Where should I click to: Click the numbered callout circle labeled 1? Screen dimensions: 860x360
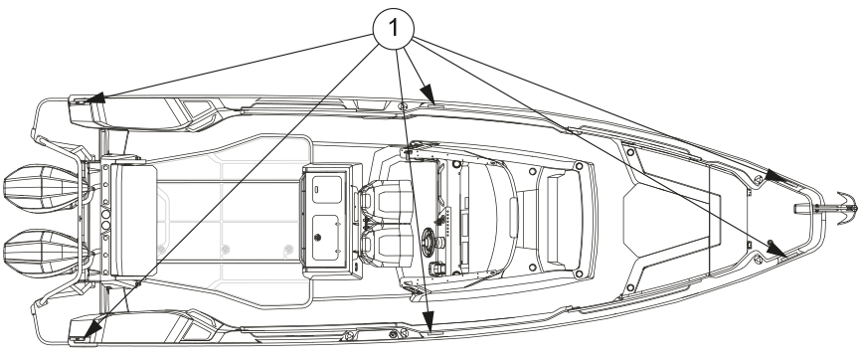pos(394,29)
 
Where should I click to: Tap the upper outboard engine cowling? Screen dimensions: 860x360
pos(41,188)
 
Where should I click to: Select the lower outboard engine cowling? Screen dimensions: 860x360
pos(41,254)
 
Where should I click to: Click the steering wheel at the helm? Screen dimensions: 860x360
pos(429,243)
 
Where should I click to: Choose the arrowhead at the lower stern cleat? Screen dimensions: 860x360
pos(93,329)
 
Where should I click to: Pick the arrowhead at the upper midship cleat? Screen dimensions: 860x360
pos(429,93)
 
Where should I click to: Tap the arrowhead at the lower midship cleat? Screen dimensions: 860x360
pos(429,320)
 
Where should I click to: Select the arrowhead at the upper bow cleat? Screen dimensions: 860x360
pos(774,176)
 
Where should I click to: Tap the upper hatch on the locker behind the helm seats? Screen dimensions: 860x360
pos(327,188)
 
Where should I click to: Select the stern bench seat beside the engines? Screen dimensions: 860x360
pos(133,221)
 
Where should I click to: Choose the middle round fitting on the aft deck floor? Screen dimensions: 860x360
pos(225,250)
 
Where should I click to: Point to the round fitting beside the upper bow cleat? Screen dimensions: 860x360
pos(758,179)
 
